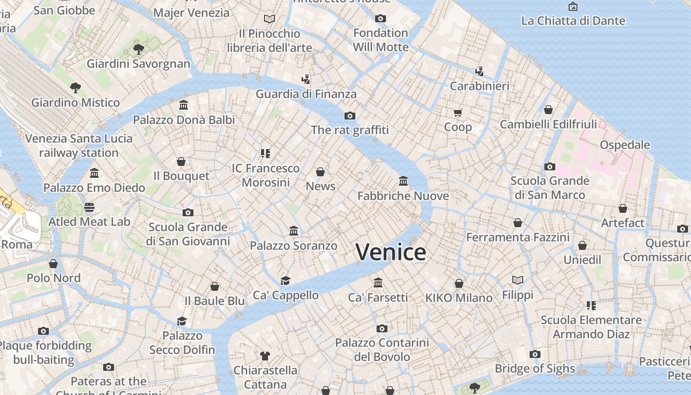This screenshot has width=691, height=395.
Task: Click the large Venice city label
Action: coord(391,252)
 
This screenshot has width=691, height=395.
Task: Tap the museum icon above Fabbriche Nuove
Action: coord(403,181)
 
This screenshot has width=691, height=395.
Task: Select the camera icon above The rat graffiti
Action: coord(350,116)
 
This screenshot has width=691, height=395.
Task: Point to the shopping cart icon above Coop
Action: coord(458,113)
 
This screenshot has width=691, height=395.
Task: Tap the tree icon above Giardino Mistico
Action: coord(76,88)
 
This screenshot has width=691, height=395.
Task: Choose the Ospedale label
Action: coord(625,145)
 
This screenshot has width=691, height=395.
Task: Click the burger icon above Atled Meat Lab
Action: coord(89,207)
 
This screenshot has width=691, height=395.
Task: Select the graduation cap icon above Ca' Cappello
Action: coord(285,280)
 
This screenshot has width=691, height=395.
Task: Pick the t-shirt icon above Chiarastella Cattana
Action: coord(265,355)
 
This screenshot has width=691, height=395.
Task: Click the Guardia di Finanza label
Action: coord(306,94)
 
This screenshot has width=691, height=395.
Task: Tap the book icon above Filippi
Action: coord(517,280)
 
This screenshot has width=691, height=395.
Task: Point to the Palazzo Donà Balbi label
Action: coord(184,119)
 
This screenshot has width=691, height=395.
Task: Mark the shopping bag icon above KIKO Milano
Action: coord(459,283)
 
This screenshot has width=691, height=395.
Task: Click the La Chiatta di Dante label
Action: coord(573,21)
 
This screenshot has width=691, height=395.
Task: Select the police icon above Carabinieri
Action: coord(479,72)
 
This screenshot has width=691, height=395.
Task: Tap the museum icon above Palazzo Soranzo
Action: coord(294,231)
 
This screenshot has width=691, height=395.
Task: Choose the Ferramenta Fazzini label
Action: coord(518,237)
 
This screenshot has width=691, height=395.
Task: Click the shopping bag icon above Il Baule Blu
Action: coord(215,286)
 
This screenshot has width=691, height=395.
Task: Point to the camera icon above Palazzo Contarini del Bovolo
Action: coord(382,328)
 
